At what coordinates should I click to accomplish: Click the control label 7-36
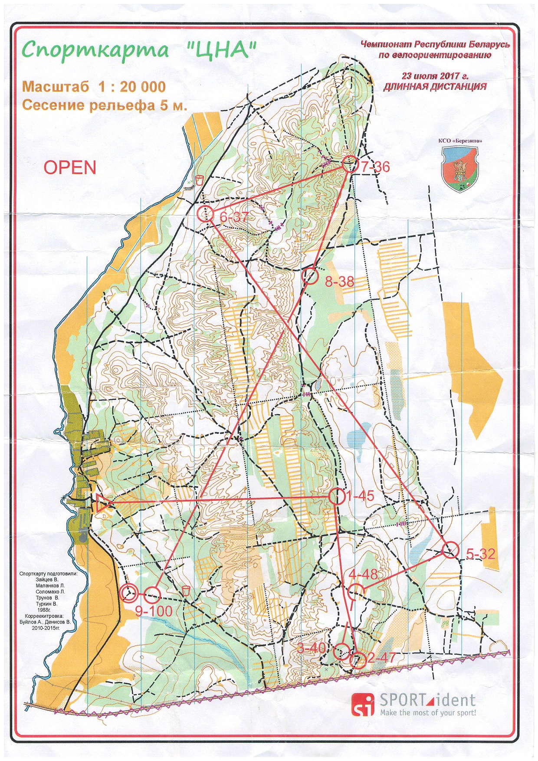coord(375,167)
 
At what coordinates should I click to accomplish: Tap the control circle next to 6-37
coord(205,213)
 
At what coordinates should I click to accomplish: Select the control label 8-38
coord(339,282)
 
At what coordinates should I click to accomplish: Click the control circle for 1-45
coord(337,496)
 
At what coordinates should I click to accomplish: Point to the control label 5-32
coord(480,554)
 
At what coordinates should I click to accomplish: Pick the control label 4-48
coord(363,574)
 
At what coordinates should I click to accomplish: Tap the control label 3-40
coord(311,648)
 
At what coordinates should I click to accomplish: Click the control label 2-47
coord(381,657)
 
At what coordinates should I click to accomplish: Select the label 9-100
coord(154,611)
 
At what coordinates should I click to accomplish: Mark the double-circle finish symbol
coord(129,593)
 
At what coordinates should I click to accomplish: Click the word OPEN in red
coord(70,168)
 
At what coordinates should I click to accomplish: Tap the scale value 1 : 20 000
coord(132,87)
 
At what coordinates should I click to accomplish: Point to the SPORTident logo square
coord(362,704)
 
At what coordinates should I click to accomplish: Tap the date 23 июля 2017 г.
coord(435,76)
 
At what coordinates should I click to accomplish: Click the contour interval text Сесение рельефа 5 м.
coord(104,105)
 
